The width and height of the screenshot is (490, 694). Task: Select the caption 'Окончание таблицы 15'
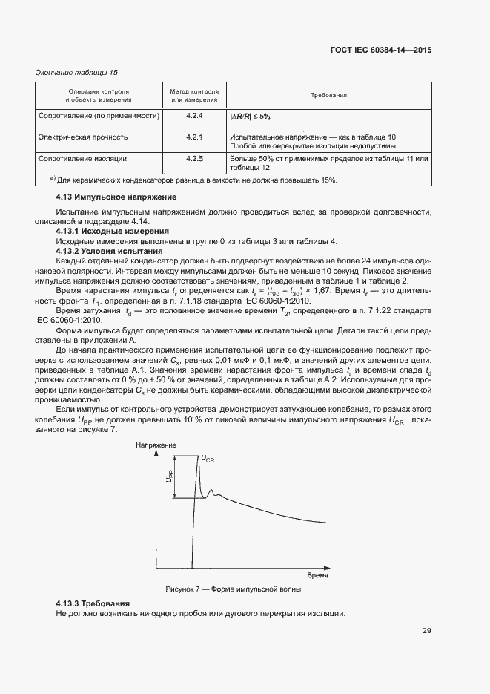[77, 72]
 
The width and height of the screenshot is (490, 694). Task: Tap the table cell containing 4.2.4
[194, 117]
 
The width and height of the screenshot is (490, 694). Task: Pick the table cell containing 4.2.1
[194, 137]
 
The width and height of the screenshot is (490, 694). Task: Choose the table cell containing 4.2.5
[194, 158]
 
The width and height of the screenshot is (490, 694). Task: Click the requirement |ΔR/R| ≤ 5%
[250, 117]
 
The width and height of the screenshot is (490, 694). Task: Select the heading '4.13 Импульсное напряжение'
[116, 197]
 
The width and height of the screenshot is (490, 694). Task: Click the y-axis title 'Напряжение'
[153, 445]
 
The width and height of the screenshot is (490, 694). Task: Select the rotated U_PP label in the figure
[169, 477]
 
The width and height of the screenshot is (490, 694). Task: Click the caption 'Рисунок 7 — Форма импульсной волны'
[234, 589]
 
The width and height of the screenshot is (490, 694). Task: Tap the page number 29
[427, 631]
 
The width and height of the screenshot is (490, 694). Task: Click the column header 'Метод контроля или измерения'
[194, 96]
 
